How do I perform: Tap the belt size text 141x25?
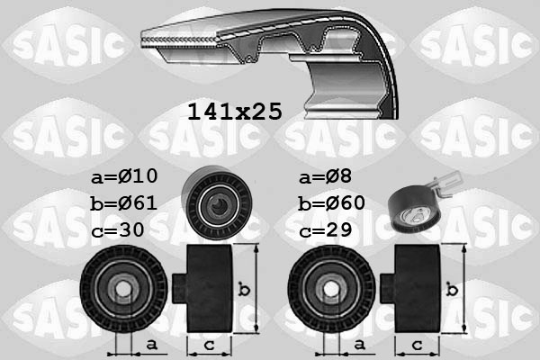coord(234,111)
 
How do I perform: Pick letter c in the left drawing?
coord(206,344)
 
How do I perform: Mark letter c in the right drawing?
coord(416,344)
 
